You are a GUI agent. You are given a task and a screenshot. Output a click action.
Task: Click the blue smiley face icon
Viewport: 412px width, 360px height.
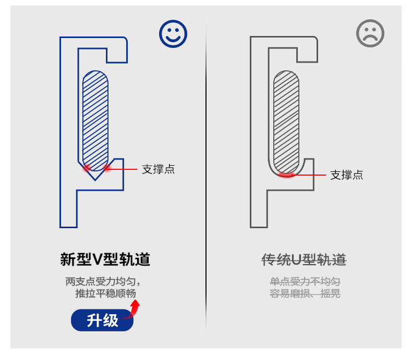click(173, 34)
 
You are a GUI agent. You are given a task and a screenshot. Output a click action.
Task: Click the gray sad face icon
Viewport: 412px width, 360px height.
click(370, 33)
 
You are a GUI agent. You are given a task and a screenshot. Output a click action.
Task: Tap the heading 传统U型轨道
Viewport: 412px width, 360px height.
click(304, 259)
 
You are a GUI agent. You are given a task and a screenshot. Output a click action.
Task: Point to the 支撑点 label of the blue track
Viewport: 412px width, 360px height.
click(158, 169)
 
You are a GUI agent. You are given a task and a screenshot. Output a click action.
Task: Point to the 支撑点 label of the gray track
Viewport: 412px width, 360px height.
click(347, 175)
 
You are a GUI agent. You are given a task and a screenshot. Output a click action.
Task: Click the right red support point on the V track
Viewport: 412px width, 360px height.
click(106, 168)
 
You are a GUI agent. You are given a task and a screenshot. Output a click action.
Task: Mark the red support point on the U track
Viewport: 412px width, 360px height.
click(286, 175)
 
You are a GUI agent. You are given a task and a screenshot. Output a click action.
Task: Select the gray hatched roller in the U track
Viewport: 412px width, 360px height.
click(286, 122)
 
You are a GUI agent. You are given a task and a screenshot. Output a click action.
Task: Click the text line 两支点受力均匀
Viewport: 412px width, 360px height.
click(103, 282)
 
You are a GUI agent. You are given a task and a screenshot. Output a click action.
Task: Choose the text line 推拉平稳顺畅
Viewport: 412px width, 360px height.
click(105, 293)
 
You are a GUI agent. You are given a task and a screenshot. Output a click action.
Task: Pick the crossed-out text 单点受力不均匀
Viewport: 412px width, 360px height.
click(305, 282)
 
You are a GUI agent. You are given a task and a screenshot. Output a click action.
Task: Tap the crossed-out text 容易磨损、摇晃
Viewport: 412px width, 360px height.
click(305, 293)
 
